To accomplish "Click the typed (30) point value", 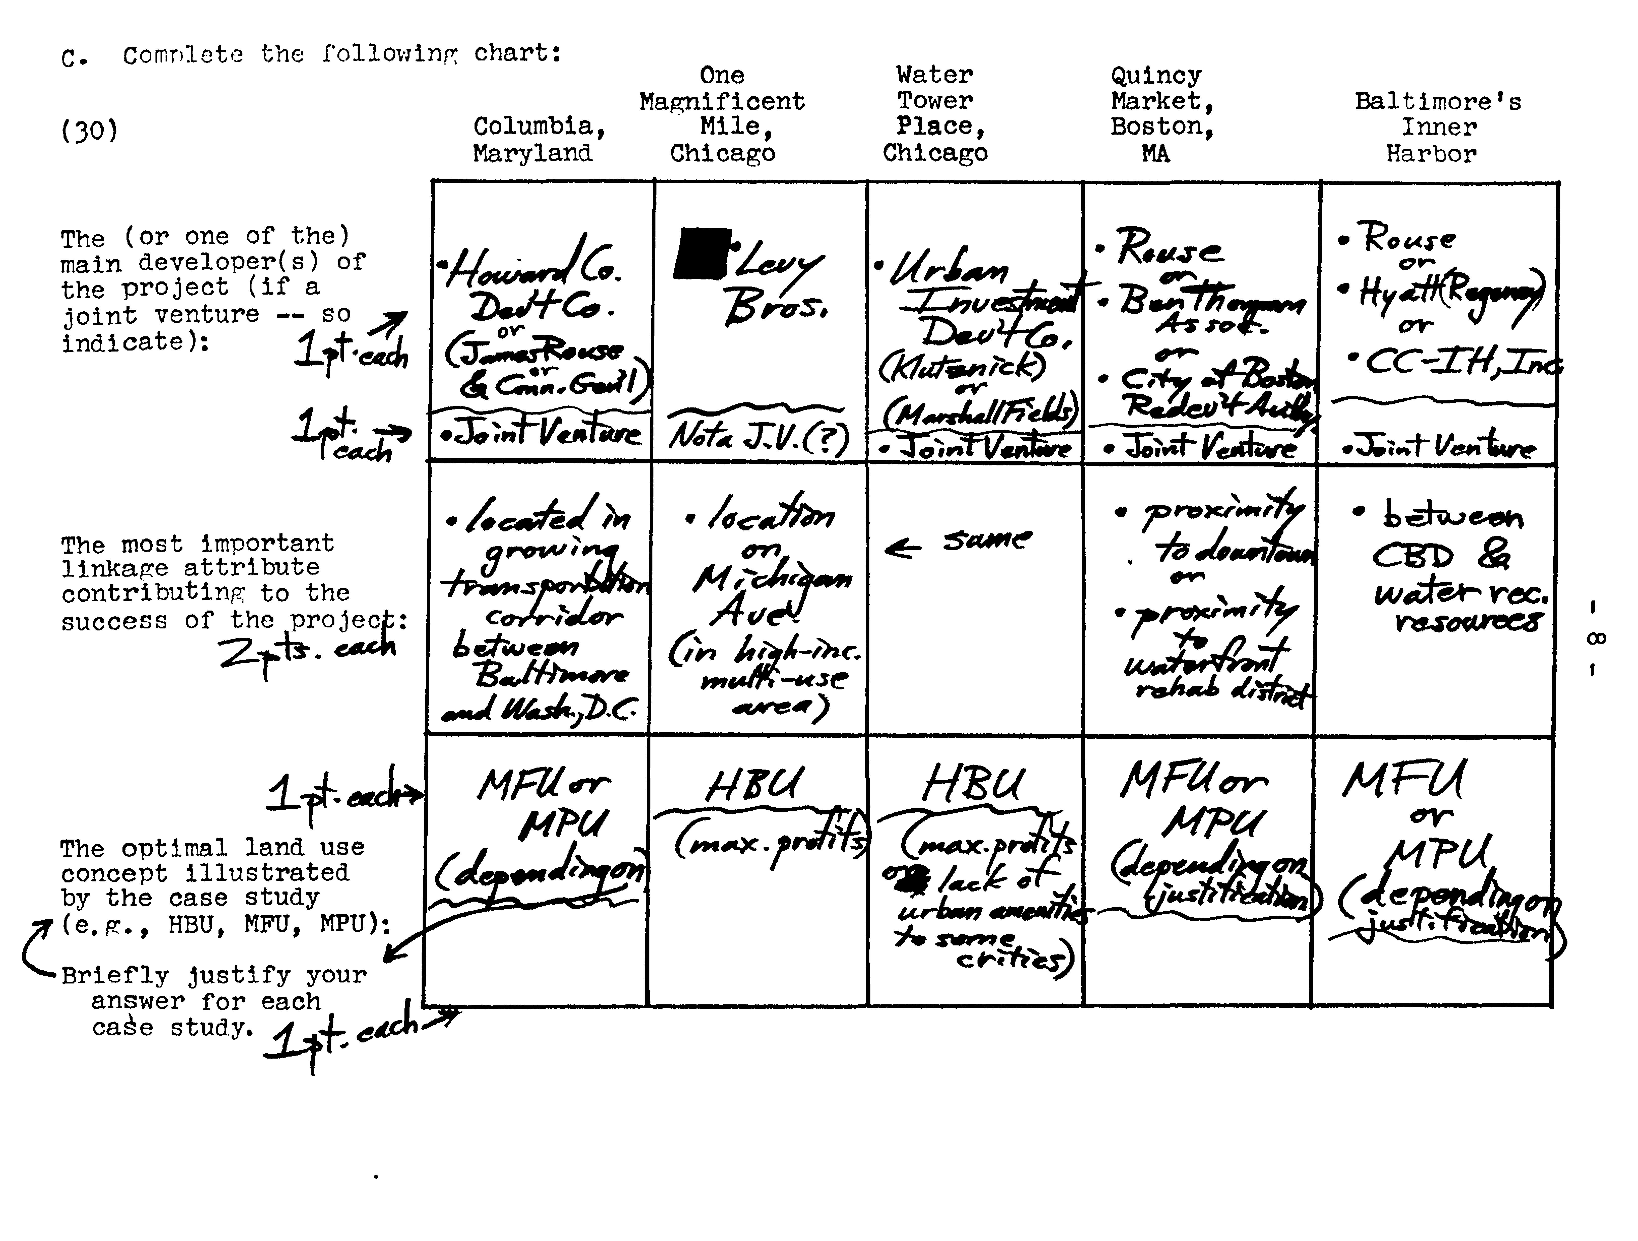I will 89,131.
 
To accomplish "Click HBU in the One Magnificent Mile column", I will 754,785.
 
